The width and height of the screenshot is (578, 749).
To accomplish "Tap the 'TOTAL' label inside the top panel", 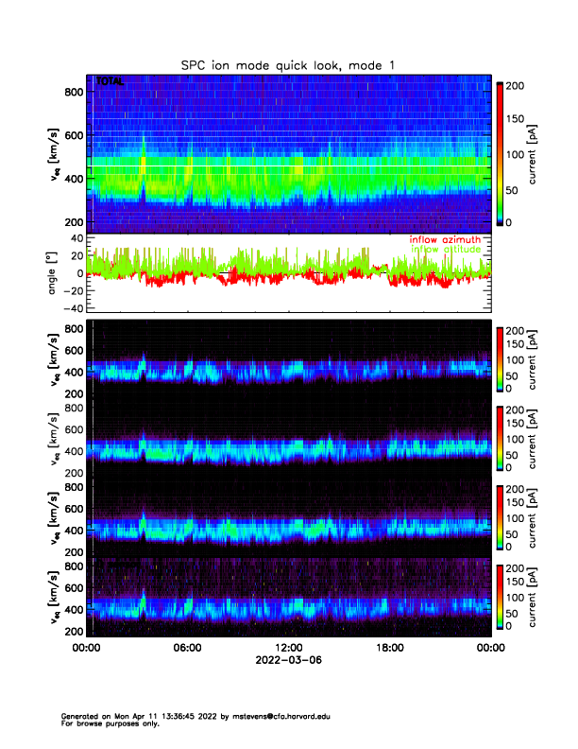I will pos(109,82).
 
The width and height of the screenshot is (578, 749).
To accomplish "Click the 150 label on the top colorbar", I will pos(518,120).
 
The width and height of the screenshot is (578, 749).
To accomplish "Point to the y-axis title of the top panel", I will pos(54,155).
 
